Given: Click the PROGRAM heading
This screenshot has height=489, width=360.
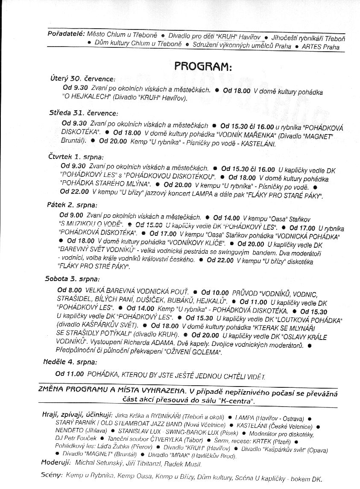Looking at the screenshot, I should click(x=202, y=67).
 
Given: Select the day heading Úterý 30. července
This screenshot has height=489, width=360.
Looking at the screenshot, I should click(x=83, y=79).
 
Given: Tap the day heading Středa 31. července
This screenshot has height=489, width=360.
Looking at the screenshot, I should click(x=83, y=113).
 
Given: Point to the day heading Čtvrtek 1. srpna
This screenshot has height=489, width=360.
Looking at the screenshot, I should click(x=76, y=157).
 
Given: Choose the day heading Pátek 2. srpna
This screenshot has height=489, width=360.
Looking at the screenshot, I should click(x=72, y=205).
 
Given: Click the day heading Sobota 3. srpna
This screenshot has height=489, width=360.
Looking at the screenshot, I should click(x=72, y=279).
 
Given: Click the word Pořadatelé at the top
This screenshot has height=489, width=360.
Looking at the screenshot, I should click(x=66, y=33).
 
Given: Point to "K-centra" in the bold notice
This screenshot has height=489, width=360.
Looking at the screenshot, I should click(x=236, y=401).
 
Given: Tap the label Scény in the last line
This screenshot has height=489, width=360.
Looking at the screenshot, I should click(x=52, y=475).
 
